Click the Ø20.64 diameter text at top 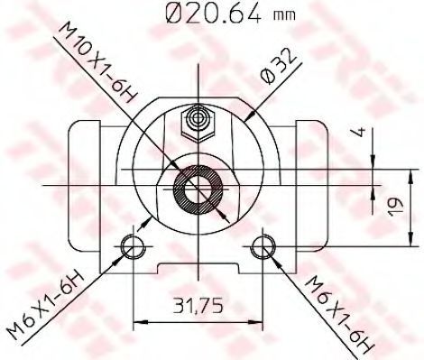tap(214, 13)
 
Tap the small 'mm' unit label tap(284, 15)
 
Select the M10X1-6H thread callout tap(98, 62)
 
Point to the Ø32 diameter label tap(279, 66)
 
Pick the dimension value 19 tap(395, 207)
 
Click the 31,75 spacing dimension tap(198, 305)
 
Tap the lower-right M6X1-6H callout tap(340, 314)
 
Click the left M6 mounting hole tap(133, 246)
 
